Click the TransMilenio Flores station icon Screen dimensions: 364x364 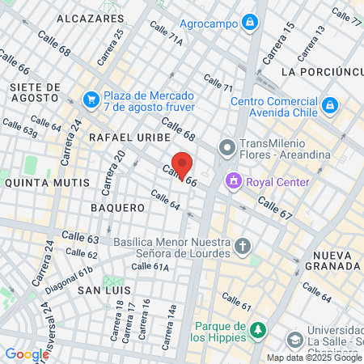(226, 148)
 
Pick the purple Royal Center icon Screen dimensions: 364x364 (233, 181)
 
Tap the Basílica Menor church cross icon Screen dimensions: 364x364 (243, 244)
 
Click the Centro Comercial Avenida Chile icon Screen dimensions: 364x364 (330, 104)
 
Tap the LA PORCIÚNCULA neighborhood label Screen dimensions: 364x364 (320, 72)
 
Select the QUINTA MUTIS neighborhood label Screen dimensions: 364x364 (47, 183)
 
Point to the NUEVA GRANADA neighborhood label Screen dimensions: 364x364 (332, 260)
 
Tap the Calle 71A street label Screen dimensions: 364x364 (166, 39)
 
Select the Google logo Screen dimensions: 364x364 (27, 353)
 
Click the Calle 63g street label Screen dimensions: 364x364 (20, 127)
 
